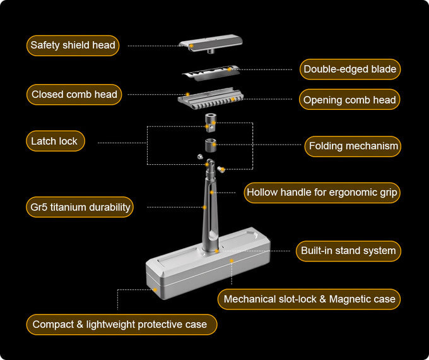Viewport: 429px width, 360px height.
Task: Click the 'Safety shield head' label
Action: coord(73,45)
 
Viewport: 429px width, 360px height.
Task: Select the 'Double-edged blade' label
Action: coord(350,69)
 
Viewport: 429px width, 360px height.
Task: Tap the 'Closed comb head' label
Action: coord(74,95)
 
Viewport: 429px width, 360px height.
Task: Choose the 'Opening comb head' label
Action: coord(350,100)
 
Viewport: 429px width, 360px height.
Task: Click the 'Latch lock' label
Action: coord(54,141)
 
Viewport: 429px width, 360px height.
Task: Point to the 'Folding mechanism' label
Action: coord(353,147)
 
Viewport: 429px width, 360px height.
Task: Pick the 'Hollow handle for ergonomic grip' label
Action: coord(322,193)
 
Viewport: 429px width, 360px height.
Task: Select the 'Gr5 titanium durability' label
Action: coord(80,207)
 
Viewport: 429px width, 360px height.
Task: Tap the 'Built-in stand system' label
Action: coord(348,251)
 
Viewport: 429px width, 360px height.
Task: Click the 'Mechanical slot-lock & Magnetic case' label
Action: coord(309,299)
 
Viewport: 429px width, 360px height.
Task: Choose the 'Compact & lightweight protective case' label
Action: coord(120,325)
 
